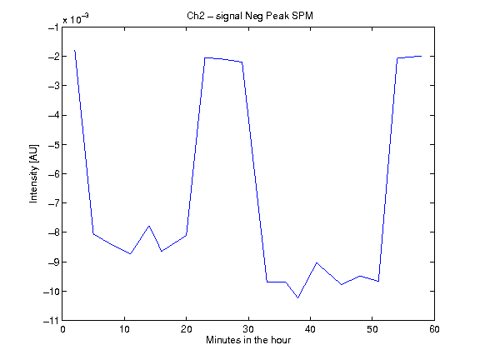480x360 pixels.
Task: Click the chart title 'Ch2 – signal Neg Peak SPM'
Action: (x=250, y=16)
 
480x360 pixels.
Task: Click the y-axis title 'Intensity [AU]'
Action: (x=33, y=173)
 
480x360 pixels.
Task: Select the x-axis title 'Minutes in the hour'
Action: (x=248, y=340)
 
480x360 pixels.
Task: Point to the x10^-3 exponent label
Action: (x=76, y=19)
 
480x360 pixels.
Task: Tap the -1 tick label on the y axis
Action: (x=53, y=27)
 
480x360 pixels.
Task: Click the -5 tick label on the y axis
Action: (x=53, y=144)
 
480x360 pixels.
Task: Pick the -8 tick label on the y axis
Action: (x=53, y=232)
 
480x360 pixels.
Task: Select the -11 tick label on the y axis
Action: (x=51, y=321)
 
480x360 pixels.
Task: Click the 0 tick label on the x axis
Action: (x=62, y=329)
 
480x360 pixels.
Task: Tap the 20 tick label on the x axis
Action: (x=186, y=329)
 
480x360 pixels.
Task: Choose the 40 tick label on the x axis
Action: (x=310, y=329)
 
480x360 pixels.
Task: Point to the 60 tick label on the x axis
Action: (x=434, y=329)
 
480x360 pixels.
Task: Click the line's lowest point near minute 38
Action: (x=297, y=297)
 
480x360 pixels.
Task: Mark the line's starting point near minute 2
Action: (x=75, y=51)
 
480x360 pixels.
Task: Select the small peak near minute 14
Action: (x=149, y=226)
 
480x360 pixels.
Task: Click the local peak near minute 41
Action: (x=317, y=262)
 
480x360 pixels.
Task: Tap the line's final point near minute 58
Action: (x=422, y=56)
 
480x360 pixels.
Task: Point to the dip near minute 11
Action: (x=130, y=254)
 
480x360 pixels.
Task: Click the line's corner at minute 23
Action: (x=205, y=57)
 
